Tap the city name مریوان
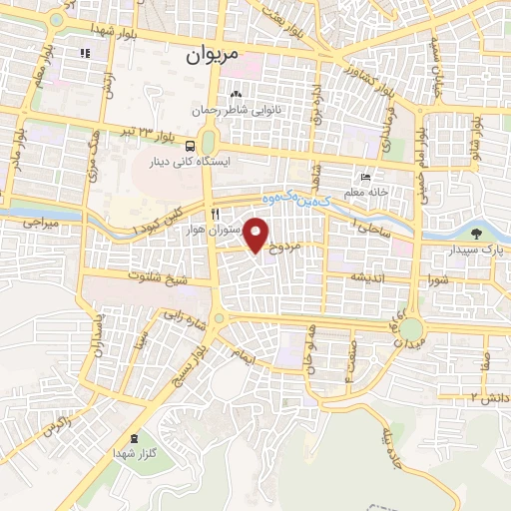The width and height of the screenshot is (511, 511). point(213,57)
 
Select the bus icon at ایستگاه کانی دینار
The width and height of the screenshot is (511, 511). point(191,146)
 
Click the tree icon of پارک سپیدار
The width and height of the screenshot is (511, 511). point(477,233)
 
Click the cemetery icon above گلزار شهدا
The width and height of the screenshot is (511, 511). point(134,439)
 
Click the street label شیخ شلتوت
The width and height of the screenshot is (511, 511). point(155,276)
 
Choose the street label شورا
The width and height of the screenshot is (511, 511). point(440,278)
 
